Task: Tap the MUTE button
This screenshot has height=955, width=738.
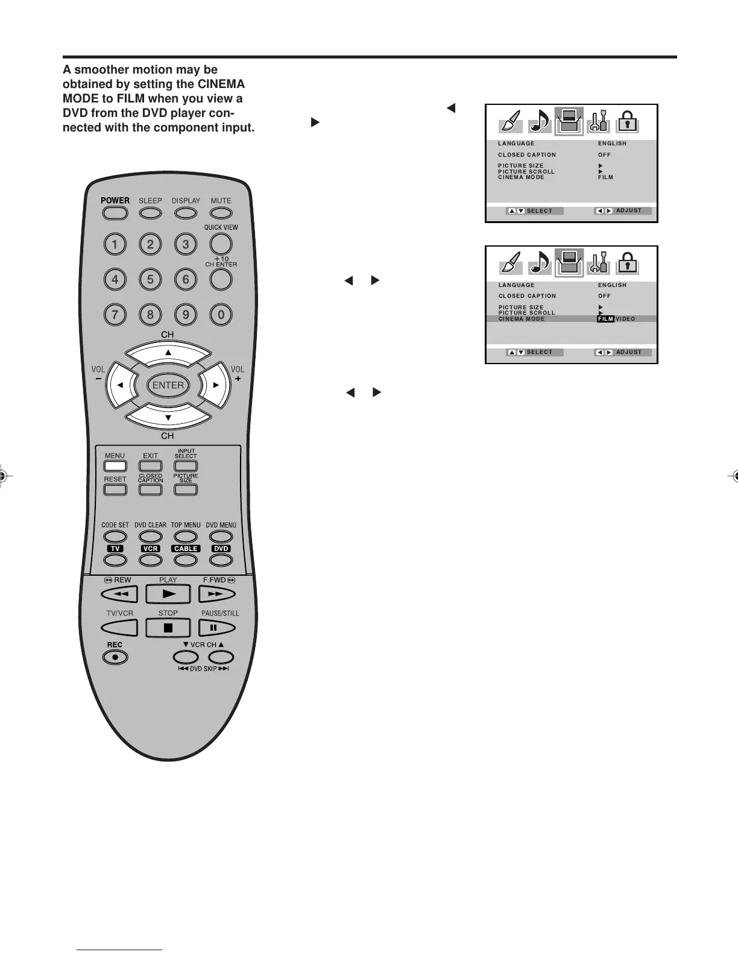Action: [x=221, y=213]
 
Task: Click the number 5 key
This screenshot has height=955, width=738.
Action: [x=150, y=279]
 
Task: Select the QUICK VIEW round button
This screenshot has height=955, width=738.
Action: [x=221, y=244]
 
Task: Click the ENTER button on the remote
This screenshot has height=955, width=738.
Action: [x=168, y=385]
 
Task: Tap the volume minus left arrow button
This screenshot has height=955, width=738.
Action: [x=120, y=385]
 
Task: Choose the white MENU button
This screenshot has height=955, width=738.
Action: [x=115, y=466]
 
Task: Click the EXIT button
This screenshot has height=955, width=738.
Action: [x=151, y=466]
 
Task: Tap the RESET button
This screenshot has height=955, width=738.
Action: [x=115, y=489]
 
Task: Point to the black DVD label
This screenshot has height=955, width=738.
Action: [x=221, y=549]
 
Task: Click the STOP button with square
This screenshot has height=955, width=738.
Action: [x=168, y=628]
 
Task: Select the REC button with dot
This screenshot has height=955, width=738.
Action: [x=115, y=657]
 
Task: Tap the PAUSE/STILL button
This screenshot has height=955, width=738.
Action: [x=213, y=628]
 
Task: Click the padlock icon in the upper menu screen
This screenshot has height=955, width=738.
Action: [x=628, y=122]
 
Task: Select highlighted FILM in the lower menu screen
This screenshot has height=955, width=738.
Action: [x=605, y=319]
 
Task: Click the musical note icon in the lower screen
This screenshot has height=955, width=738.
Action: [x=540, y=263]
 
